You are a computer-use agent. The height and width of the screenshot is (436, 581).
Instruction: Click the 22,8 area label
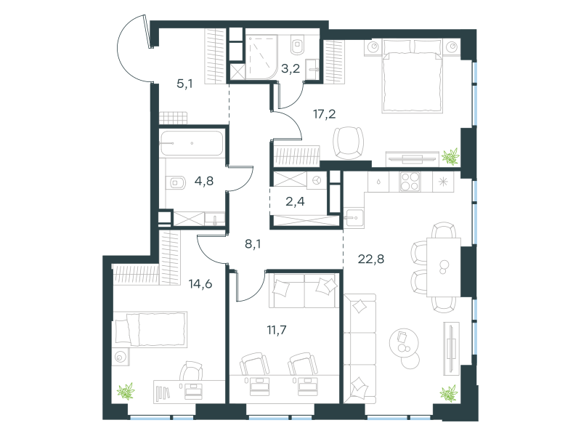click(371, 259)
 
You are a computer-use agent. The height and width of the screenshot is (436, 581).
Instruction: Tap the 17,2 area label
click(325, 114)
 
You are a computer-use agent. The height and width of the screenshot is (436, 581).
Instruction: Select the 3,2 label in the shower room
click(290, 68)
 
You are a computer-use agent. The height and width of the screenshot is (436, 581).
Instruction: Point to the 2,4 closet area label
click(295, 201)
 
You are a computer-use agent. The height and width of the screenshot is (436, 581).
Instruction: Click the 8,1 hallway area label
click(253, 244)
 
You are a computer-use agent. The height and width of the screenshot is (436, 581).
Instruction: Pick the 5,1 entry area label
click(184, 84)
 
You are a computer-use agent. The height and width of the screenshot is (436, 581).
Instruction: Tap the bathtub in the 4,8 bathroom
click(192, 143)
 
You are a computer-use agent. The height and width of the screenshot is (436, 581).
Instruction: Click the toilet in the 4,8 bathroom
click(178, 183)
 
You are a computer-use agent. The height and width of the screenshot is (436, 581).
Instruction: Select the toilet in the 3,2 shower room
click(297, 45)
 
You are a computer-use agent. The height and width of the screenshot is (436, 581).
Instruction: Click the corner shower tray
click(261, 57)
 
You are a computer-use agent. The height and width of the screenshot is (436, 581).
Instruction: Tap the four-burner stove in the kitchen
click(410, 182)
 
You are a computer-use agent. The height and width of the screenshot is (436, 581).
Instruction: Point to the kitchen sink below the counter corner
click(354, 217)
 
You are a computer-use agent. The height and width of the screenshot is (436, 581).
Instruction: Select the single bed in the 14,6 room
click(150, 329)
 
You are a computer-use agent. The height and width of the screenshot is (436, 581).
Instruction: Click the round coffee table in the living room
click(404, 342)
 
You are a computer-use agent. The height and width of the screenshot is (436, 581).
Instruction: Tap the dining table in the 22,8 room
click(444, 267)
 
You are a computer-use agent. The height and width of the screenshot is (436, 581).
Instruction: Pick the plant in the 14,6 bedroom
click(126, 392)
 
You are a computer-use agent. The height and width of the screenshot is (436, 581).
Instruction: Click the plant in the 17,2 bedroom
click(450, 156)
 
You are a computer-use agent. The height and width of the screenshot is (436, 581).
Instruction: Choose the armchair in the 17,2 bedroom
click(348, 143)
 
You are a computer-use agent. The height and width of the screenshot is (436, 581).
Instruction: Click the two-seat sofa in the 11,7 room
click(304, 291)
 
